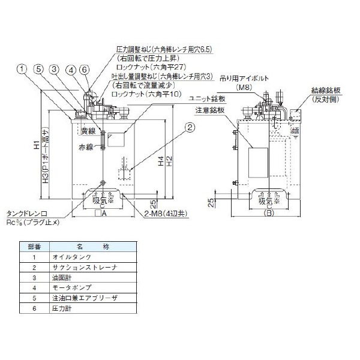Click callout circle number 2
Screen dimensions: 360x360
tap(190, 127)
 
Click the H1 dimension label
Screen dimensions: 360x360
tap(36, 146)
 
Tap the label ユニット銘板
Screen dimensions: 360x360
tap(207, 98)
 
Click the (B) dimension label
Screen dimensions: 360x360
tap(269, 212)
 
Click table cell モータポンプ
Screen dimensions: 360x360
tap(86, 287)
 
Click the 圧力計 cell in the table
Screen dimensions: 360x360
tap(80, 308)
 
